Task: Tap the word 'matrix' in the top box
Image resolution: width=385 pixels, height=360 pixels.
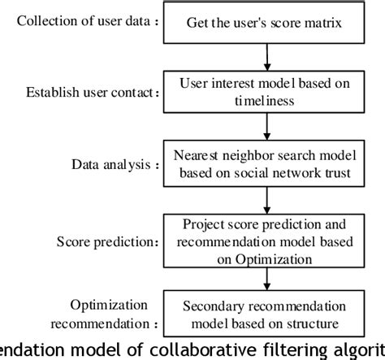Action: (x=327, y=23)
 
